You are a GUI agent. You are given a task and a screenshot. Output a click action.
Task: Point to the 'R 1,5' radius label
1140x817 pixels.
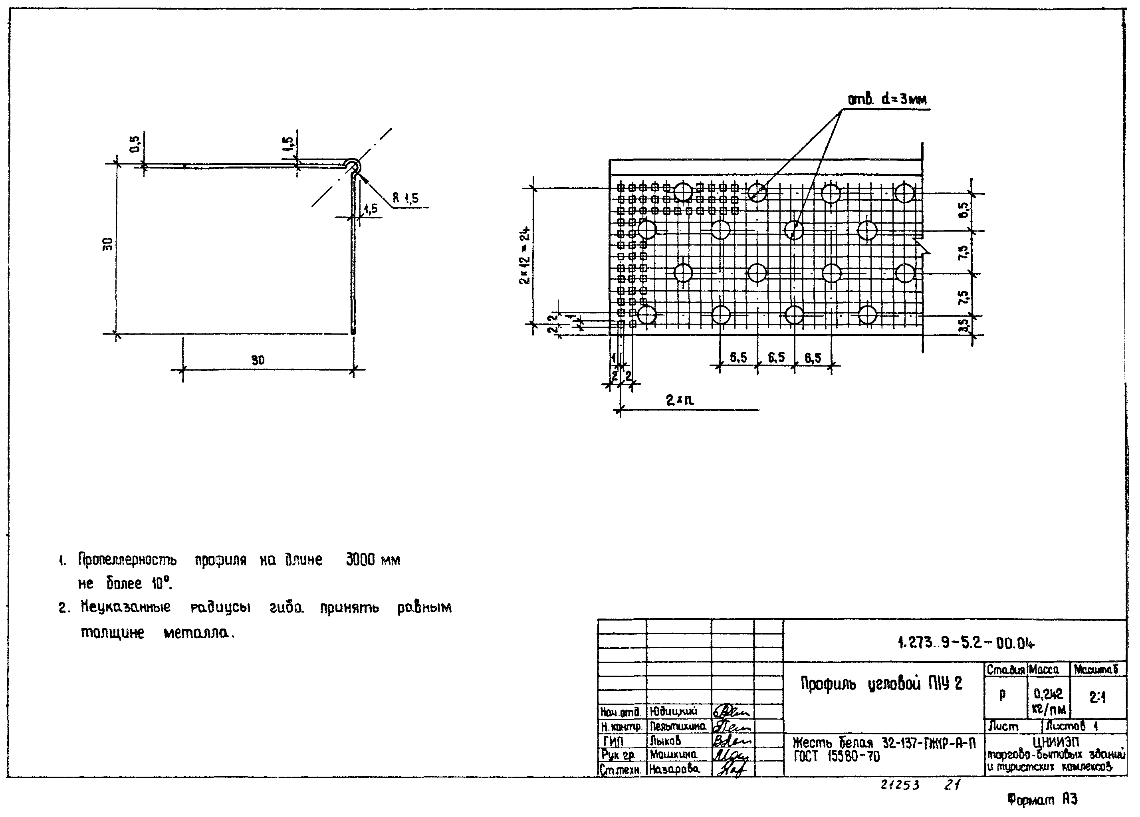point(405,198)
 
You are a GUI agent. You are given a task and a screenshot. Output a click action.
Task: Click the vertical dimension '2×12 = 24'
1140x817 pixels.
point(525,256)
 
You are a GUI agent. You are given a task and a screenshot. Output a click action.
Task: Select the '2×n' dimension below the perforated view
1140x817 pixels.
point(680,401)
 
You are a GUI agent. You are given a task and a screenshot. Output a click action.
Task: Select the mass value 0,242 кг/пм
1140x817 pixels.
point(1049,701)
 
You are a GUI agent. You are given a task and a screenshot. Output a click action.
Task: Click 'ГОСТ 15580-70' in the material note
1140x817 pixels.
point(837,757)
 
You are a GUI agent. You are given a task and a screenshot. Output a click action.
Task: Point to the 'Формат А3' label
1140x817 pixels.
point(1043,800)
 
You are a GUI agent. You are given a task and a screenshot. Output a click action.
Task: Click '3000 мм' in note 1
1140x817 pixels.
point(373,560)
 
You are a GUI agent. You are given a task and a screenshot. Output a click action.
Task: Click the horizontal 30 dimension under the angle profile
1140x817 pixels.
point(258,361)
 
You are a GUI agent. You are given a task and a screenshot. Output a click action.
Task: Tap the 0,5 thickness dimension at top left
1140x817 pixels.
point(135,144)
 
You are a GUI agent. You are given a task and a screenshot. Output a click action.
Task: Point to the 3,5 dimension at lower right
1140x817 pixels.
point(963,326)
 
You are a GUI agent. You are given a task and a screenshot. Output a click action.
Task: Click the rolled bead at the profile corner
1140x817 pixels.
point(352,166)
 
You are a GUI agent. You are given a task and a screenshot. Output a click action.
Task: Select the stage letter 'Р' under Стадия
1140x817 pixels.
point(1002,695)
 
